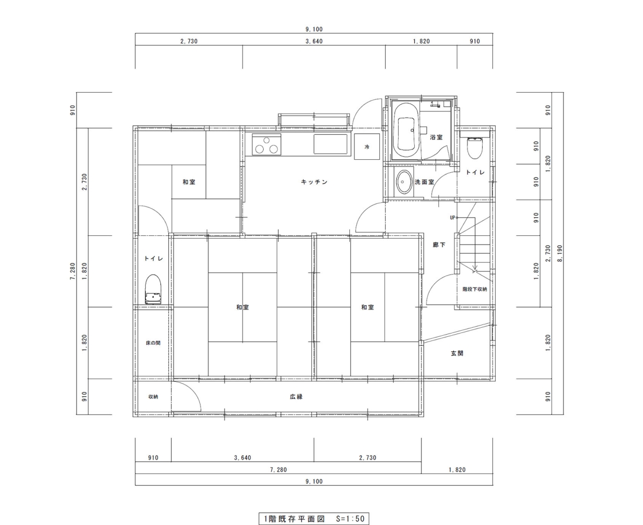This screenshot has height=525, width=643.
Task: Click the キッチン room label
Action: [314, 182]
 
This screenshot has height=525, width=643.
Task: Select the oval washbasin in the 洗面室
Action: [403, 182]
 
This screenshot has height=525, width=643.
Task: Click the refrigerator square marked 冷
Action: [367, 146]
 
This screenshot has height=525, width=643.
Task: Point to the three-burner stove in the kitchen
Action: [266, 145]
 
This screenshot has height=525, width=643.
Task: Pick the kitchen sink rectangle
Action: [331, 144]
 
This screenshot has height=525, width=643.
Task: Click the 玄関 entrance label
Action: [457, 353]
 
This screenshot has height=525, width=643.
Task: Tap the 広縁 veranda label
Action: [296, 397]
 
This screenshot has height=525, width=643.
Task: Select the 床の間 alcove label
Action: [153, 343]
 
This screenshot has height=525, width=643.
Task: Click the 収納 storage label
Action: [153, 397]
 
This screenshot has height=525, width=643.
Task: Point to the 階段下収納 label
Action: [475, 289]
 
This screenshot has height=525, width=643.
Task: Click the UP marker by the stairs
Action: [452, 218]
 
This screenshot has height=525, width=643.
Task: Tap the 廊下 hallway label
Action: [439, 245]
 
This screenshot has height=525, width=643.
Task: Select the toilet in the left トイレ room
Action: [153, 289]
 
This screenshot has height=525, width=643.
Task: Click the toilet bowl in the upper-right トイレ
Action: [475, 148]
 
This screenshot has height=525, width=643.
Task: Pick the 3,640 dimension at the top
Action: [314, 41]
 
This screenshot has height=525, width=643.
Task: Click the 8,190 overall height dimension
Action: [560, 254]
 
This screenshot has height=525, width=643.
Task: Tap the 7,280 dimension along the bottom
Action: [278, 469]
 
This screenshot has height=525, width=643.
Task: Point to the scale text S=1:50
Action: [350, 519]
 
